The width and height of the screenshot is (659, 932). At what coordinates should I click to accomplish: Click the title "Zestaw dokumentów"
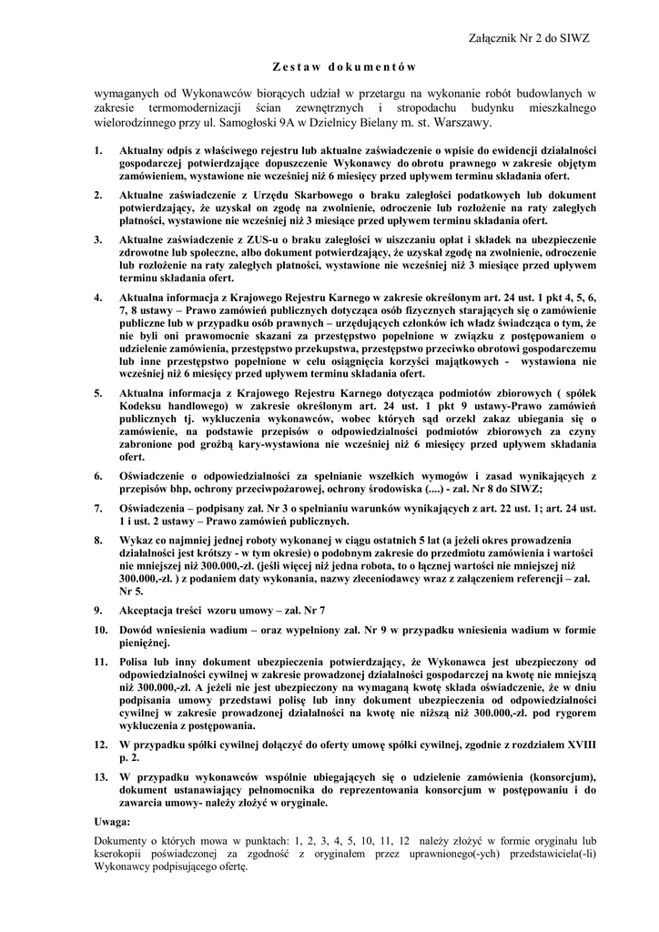coord(344,66)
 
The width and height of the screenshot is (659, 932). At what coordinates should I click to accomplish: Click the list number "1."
coord(99,148)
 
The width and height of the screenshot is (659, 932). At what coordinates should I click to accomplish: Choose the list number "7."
coord(99,508)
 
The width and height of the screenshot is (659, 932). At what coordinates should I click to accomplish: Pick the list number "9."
coord(99,609)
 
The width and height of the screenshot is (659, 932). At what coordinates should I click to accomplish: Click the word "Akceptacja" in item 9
coord(149,609)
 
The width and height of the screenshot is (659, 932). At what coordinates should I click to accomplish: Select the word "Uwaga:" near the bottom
coord(113,821)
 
